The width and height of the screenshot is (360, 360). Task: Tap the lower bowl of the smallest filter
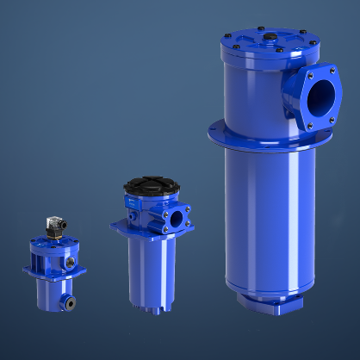tap(53, 292)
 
